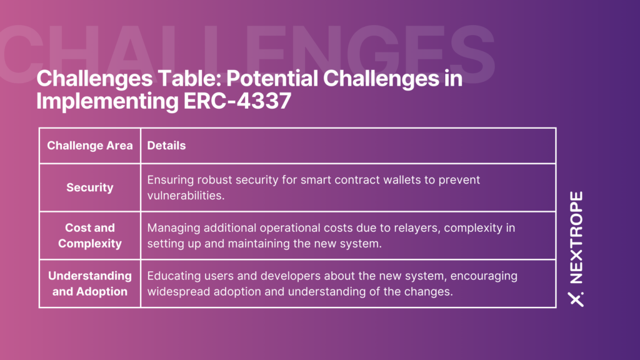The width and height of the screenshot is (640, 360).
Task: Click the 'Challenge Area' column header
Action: pyautogui.click(x=90, y=146)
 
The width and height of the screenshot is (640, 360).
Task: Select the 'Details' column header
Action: pyautogui.click(x=166, y=146)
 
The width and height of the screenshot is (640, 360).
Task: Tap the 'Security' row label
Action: pyautogui.click(x=90, y=187)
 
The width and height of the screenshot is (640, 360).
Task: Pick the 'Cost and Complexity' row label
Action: pyautogui.click(x=90, y=236)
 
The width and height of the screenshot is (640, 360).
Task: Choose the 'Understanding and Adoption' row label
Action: pyautogui.click(x=90, y=284)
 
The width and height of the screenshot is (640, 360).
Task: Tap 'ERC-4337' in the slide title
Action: pyautogui.click(x=237, y=101)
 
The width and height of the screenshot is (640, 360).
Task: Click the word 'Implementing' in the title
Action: pyautogui.click(x=107, y=101)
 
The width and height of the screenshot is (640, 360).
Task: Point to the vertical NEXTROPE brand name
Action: pyautogui.click(x=576, y=237)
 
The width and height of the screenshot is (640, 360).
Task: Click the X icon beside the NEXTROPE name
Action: pyautogui.click(x=576, y=299)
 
